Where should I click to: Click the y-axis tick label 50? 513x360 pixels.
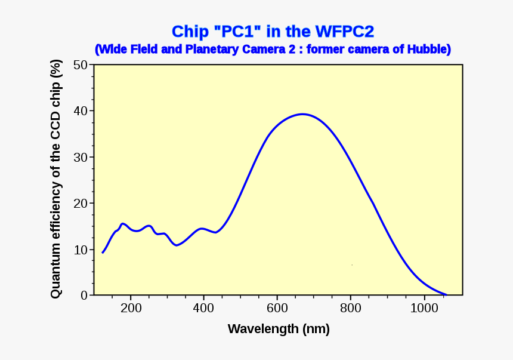coord(81,64)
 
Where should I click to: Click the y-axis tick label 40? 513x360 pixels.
coord(81,111)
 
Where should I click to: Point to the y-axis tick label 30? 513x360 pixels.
coord(81,157)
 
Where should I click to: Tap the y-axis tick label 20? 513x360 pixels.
coord(81,203)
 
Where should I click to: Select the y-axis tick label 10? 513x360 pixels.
coord(81,250)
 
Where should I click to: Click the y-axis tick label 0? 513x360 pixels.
coord(84,296)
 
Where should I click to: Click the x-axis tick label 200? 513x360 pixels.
coord(130,308)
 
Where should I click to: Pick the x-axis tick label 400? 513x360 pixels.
coord(203,308)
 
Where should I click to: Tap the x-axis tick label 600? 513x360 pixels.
coord(277,308)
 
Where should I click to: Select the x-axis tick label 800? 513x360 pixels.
coord(351,308)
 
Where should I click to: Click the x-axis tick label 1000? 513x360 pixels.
coord(424,308)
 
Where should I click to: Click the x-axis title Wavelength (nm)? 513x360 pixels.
coord(279,329)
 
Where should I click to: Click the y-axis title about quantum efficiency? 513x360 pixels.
coord(55,179)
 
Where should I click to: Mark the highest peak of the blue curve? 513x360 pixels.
coord(302,114)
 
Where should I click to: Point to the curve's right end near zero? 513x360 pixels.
coord(446,294)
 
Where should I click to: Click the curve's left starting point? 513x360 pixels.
coord(103,253)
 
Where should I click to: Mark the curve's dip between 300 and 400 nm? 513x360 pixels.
coord(177,245)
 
